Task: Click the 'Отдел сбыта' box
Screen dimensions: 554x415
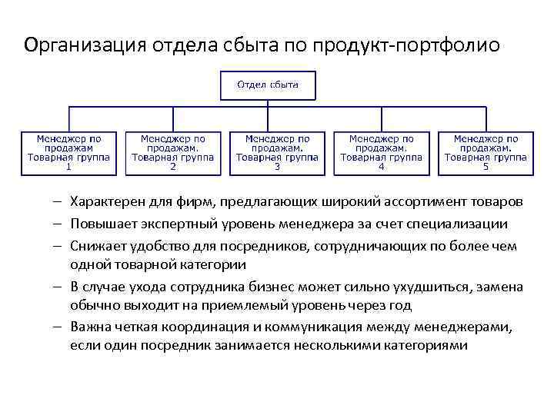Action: [x=268, y=85]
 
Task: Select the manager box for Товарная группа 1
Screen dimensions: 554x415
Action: [x=68, y=152]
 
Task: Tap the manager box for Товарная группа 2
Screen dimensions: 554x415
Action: [x=172, y=152]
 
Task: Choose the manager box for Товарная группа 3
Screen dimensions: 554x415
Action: [x=277, y=152]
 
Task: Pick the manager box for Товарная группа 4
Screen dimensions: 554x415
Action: [x=381, y=152]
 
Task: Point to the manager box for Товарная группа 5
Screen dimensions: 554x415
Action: [x=485, y=152]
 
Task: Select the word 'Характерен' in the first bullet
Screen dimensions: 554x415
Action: [x=105, y=202]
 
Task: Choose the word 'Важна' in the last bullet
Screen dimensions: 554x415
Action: [x=89, y=327]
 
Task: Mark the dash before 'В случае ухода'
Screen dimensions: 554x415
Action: [x=58, y=287]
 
